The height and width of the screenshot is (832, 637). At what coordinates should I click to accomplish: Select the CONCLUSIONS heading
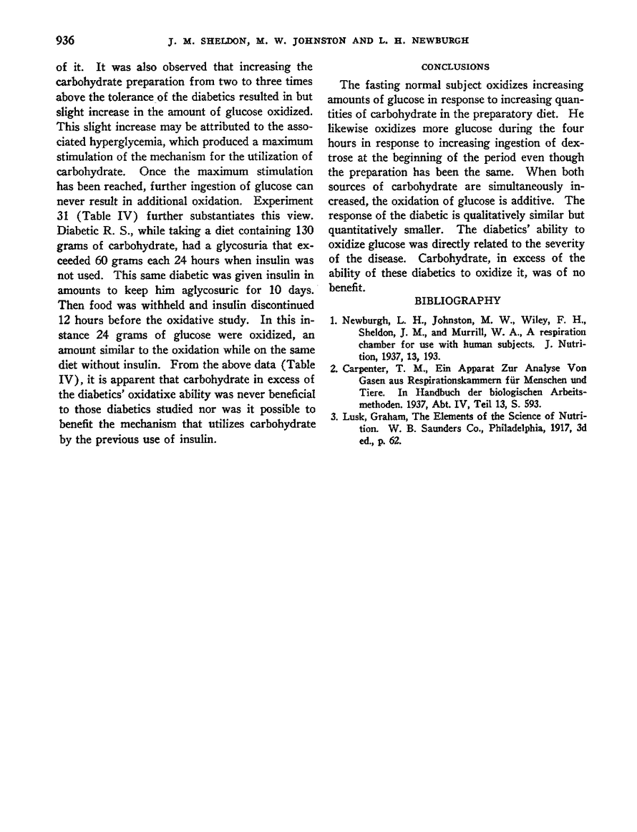[x=455, y=67]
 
